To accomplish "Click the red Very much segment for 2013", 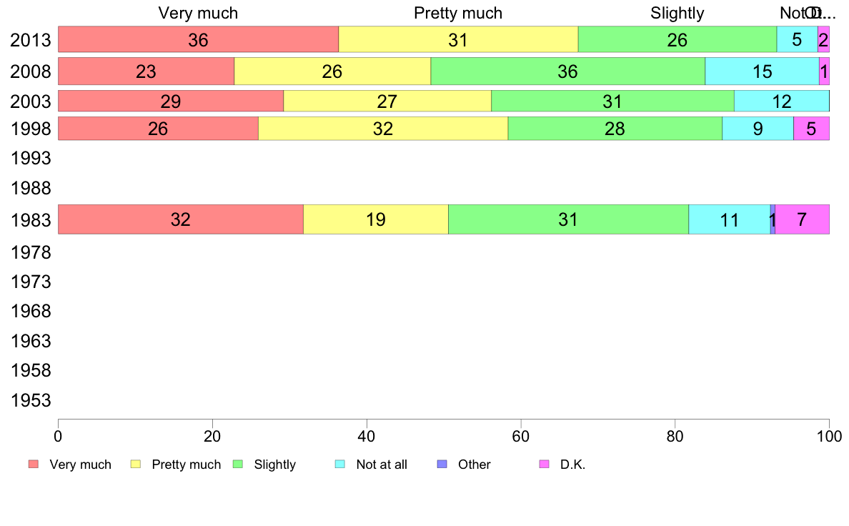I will point(198,39).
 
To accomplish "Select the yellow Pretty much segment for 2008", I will point(332,71).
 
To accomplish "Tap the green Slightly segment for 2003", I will point(612,101).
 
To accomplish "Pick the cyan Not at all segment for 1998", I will point(758,129).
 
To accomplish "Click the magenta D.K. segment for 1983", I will point(802,219).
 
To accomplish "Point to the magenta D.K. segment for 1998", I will point(811,129).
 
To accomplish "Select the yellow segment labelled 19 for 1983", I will point(376,219).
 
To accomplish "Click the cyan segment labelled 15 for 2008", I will point(762,71).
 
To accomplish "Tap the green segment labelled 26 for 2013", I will point(677,39).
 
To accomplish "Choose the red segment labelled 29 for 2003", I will point(171,101).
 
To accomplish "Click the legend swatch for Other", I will point(442,465).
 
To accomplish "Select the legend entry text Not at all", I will point(382,465).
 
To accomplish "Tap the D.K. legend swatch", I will point(544,465).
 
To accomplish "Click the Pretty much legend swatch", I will point(135,465).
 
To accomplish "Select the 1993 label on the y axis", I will point(31,159).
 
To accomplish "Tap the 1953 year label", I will point(31,400).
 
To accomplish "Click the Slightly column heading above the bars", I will point(677,13).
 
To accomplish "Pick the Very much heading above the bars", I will point(198,13).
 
